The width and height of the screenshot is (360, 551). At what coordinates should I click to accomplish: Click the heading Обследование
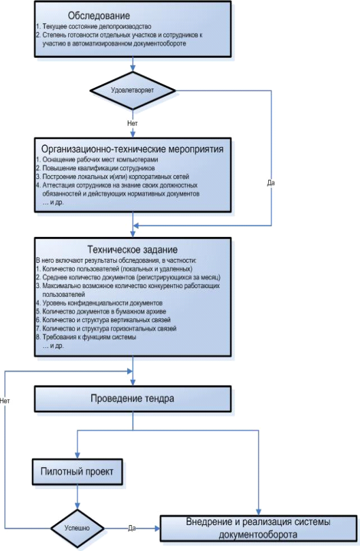point(99,16)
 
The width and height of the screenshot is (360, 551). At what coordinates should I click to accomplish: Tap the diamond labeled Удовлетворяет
point(133,91)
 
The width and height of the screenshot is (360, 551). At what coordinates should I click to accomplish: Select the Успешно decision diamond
point(78,528)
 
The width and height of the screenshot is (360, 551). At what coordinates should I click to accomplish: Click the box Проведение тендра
point(133,399)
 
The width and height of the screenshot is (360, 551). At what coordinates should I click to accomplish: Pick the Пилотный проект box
point(78,471)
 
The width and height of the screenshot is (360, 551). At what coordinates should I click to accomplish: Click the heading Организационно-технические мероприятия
point(133,149)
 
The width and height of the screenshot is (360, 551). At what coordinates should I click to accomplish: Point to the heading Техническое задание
point(133,249)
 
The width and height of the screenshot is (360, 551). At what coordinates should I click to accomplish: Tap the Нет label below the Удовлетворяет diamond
point(133,123)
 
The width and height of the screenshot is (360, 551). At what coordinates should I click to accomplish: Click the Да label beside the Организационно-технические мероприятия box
point(271,183)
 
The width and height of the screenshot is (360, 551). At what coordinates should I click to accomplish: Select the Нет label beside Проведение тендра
point(5,400)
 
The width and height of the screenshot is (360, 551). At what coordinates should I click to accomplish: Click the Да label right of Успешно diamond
point(132,528)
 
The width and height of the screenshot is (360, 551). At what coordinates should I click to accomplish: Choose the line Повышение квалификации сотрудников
point(95,168)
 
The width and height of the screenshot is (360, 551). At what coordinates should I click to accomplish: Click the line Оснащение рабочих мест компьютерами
point(97,159)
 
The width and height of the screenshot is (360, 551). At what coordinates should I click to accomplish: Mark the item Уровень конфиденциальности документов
point(99,303)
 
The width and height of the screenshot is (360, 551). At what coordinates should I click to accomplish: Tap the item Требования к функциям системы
point(86,337)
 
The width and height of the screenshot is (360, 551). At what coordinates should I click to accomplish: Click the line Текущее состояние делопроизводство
point(93,27)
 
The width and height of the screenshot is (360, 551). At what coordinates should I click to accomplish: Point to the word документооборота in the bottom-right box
point(258,535)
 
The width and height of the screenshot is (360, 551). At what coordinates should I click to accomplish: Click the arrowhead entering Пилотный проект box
point(78,456)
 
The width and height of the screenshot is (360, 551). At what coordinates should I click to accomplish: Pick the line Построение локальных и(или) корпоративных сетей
point(112,177)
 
